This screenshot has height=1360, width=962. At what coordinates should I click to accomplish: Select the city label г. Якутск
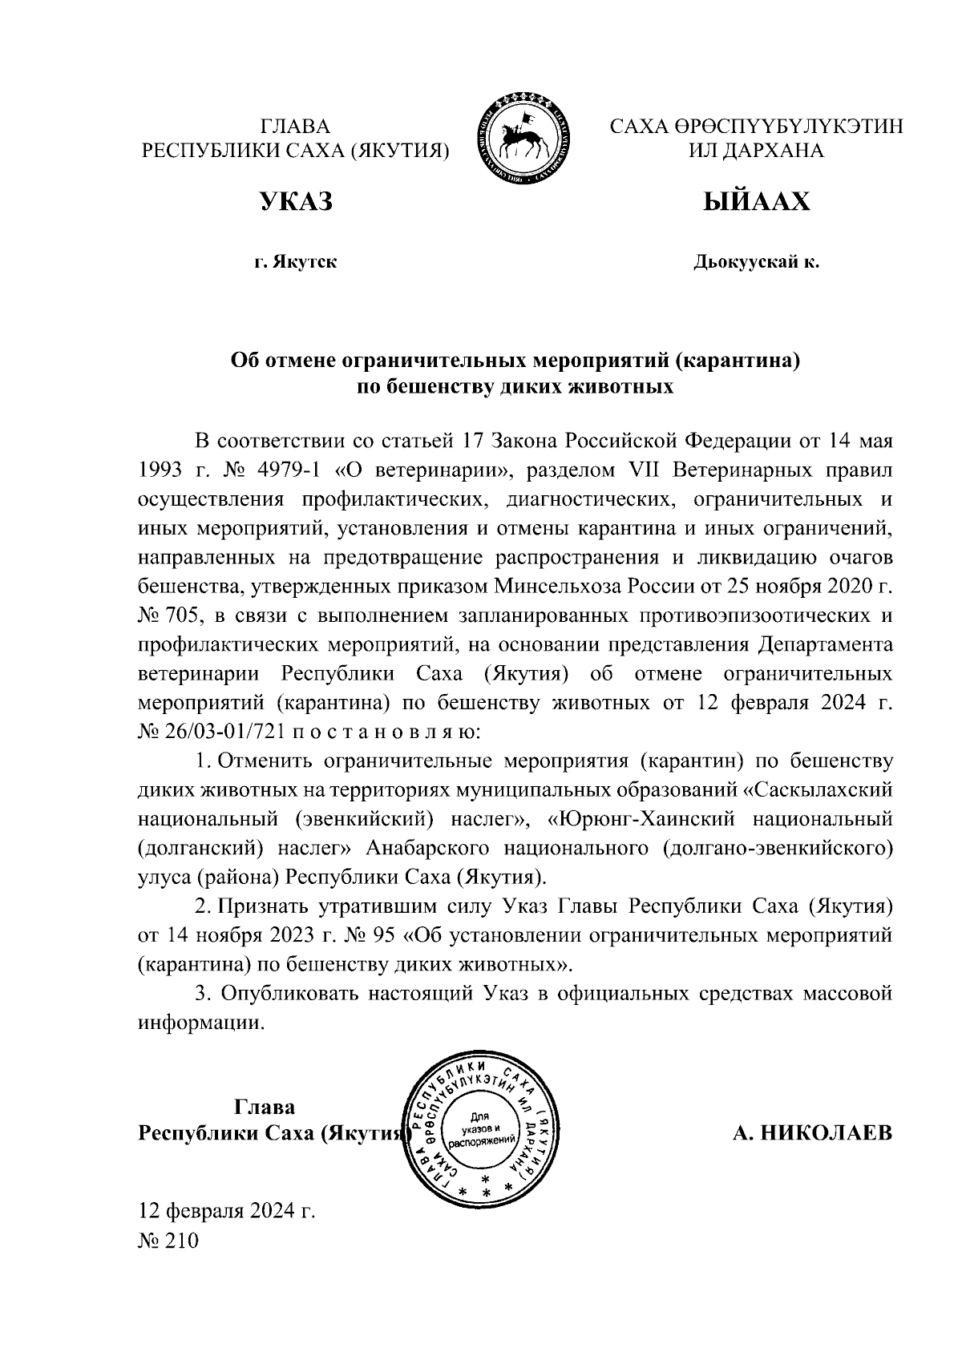tap(295, 262)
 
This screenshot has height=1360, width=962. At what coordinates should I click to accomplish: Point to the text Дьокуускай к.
tap(756, 262)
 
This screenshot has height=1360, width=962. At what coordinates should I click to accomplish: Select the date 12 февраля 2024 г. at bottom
tap(227, 1210)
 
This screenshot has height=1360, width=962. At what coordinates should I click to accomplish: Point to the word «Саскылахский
tap(818, 790)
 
